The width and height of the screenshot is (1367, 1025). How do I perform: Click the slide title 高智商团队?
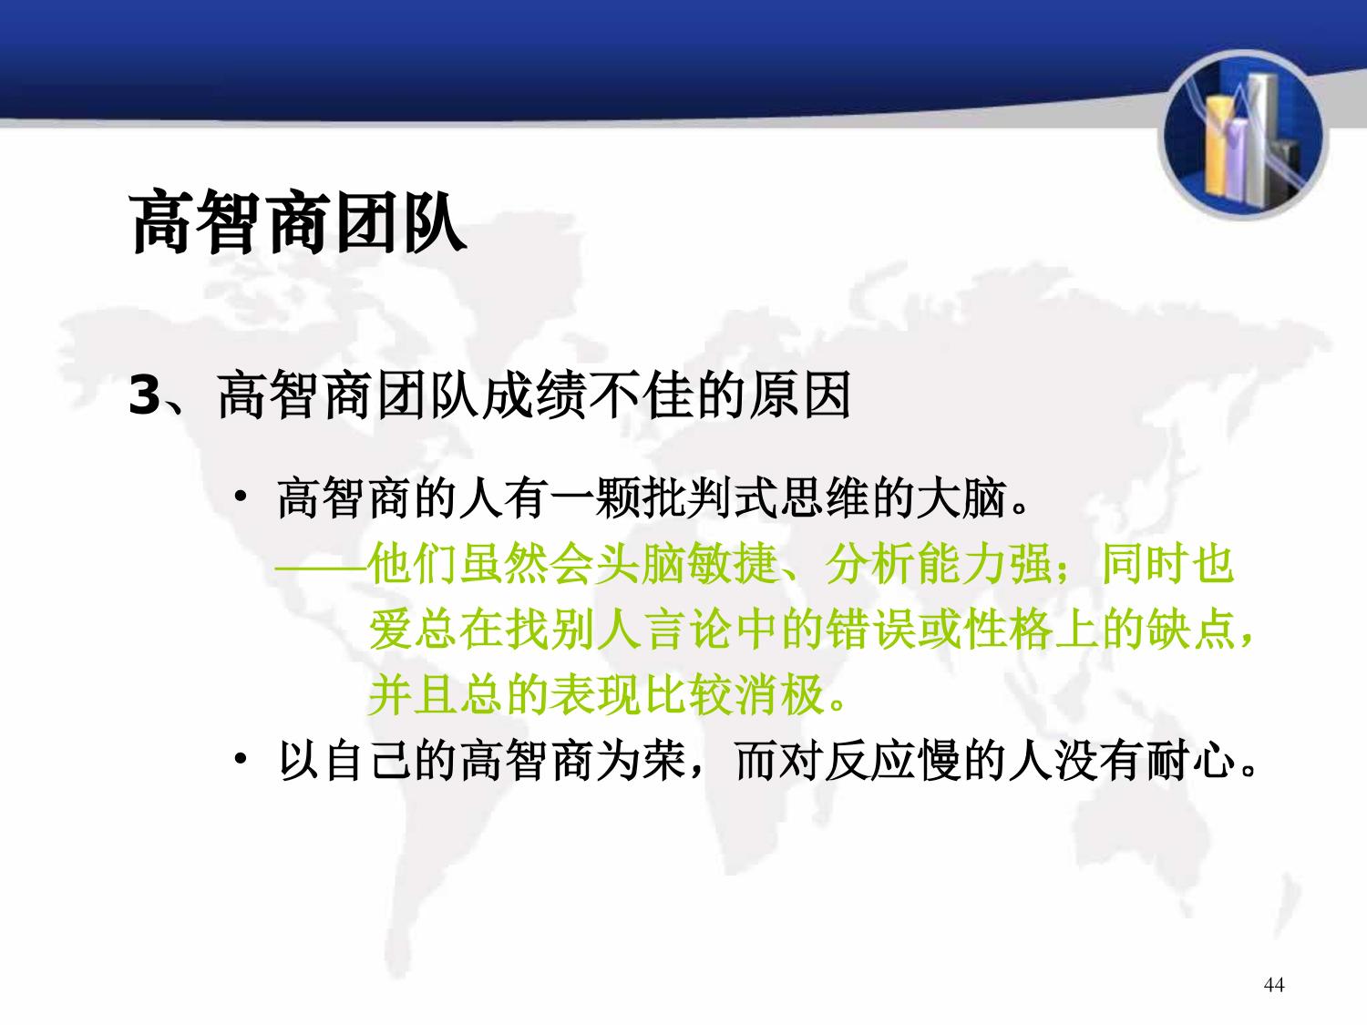click(x=298, y=222)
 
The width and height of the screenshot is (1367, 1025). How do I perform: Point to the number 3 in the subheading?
click(x=145, y=395)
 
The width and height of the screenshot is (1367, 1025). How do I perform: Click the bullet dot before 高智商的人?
click(x=241, y=497)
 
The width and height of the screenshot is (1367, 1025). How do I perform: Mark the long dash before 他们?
click(x=322, y=569)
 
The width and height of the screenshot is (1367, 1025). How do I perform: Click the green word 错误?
click(x=870, y=630)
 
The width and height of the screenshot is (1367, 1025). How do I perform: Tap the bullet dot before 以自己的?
click(x=241, y=759)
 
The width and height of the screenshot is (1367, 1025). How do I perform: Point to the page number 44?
click(x=1273, y=984)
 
